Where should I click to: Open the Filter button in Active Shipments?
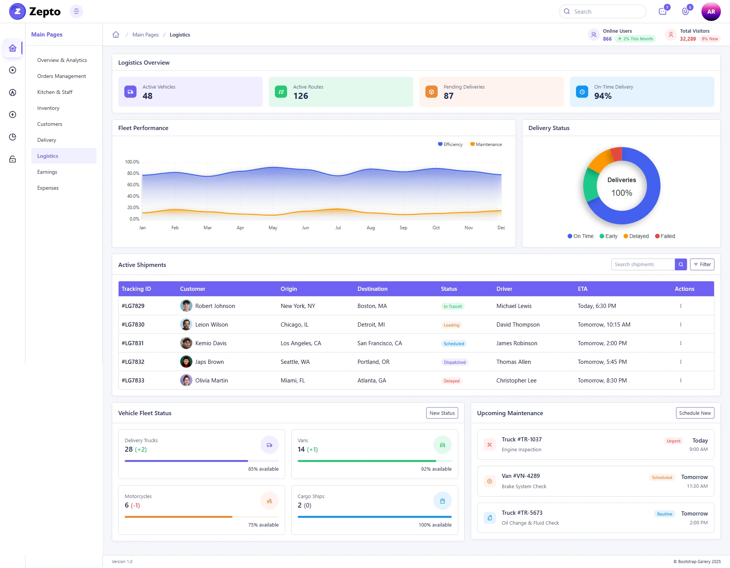click(702, 265)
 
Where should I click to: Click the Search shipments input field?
click(643, 265)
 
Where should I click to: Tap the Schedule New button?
click(695, 413)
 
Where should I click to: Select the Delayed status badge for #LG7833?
click(451, 381)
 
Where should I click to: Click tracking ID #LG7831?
click(133, 343)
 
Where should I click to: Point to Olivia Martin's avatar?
click(186, 381)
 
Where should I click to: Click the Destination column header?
click(372, 289)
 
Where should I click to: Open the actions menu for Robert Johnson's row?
click(681, 306)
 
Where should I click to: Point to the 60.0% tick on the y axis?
click(133, 185)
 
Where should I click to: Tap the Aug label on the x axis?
click(371, 228)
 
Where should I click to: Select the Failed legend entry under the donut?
click(665, 236)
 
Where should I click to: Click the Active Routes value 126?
click(301, 96)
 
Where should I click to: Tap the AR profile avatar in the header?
click(711, 11)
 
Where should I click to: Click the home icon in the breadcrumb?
click(116, 35)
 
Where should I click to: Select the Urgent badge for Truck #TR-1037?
click(673, 441)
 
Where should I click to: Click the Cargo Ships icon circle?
click(442, 501)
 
